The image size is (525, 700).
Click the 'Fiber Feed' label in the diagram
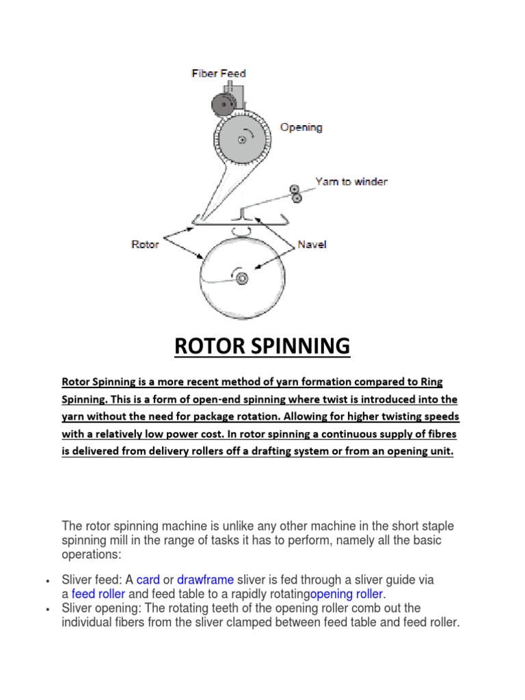218,73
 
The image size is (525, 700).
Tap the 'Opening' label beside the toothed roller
301,127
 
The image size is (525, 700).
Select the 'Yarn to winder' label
351,181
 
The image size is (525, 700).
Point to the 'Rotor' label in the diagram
144,244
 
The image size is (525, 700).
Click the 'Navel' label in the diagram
312,244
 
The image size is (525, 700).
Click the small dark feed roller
222,104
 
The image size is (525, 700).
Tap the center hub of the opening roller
242,139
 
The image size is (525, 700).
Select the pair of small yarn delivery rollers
295,193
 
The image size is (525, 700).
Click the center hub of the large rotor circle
242,278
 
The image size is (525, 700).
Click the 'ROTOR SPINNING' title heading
262,347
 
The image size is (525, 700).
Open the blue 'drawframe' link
206,580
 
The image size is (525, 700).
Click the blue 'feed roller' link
98,593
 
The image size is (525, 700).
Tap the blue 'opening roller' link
347,593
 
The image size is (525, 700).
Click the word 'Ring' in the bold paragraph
440,381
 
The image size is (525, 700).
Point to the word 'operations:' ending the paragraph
91,554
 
